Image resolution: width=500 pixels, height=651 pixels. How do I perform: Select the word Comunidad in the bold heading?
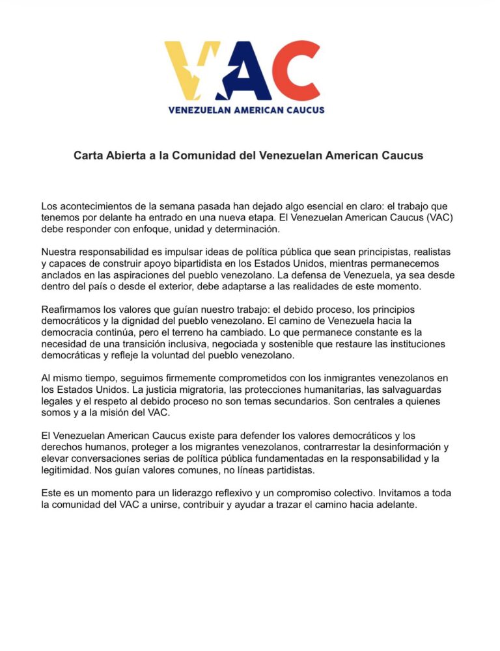point(200,156)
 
